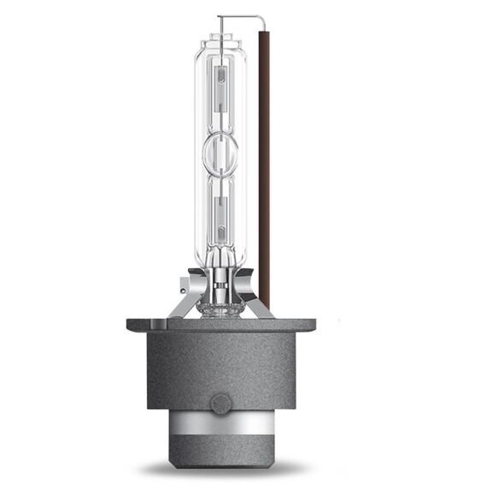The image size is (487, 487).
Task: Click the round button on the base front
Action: (220, 401)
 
